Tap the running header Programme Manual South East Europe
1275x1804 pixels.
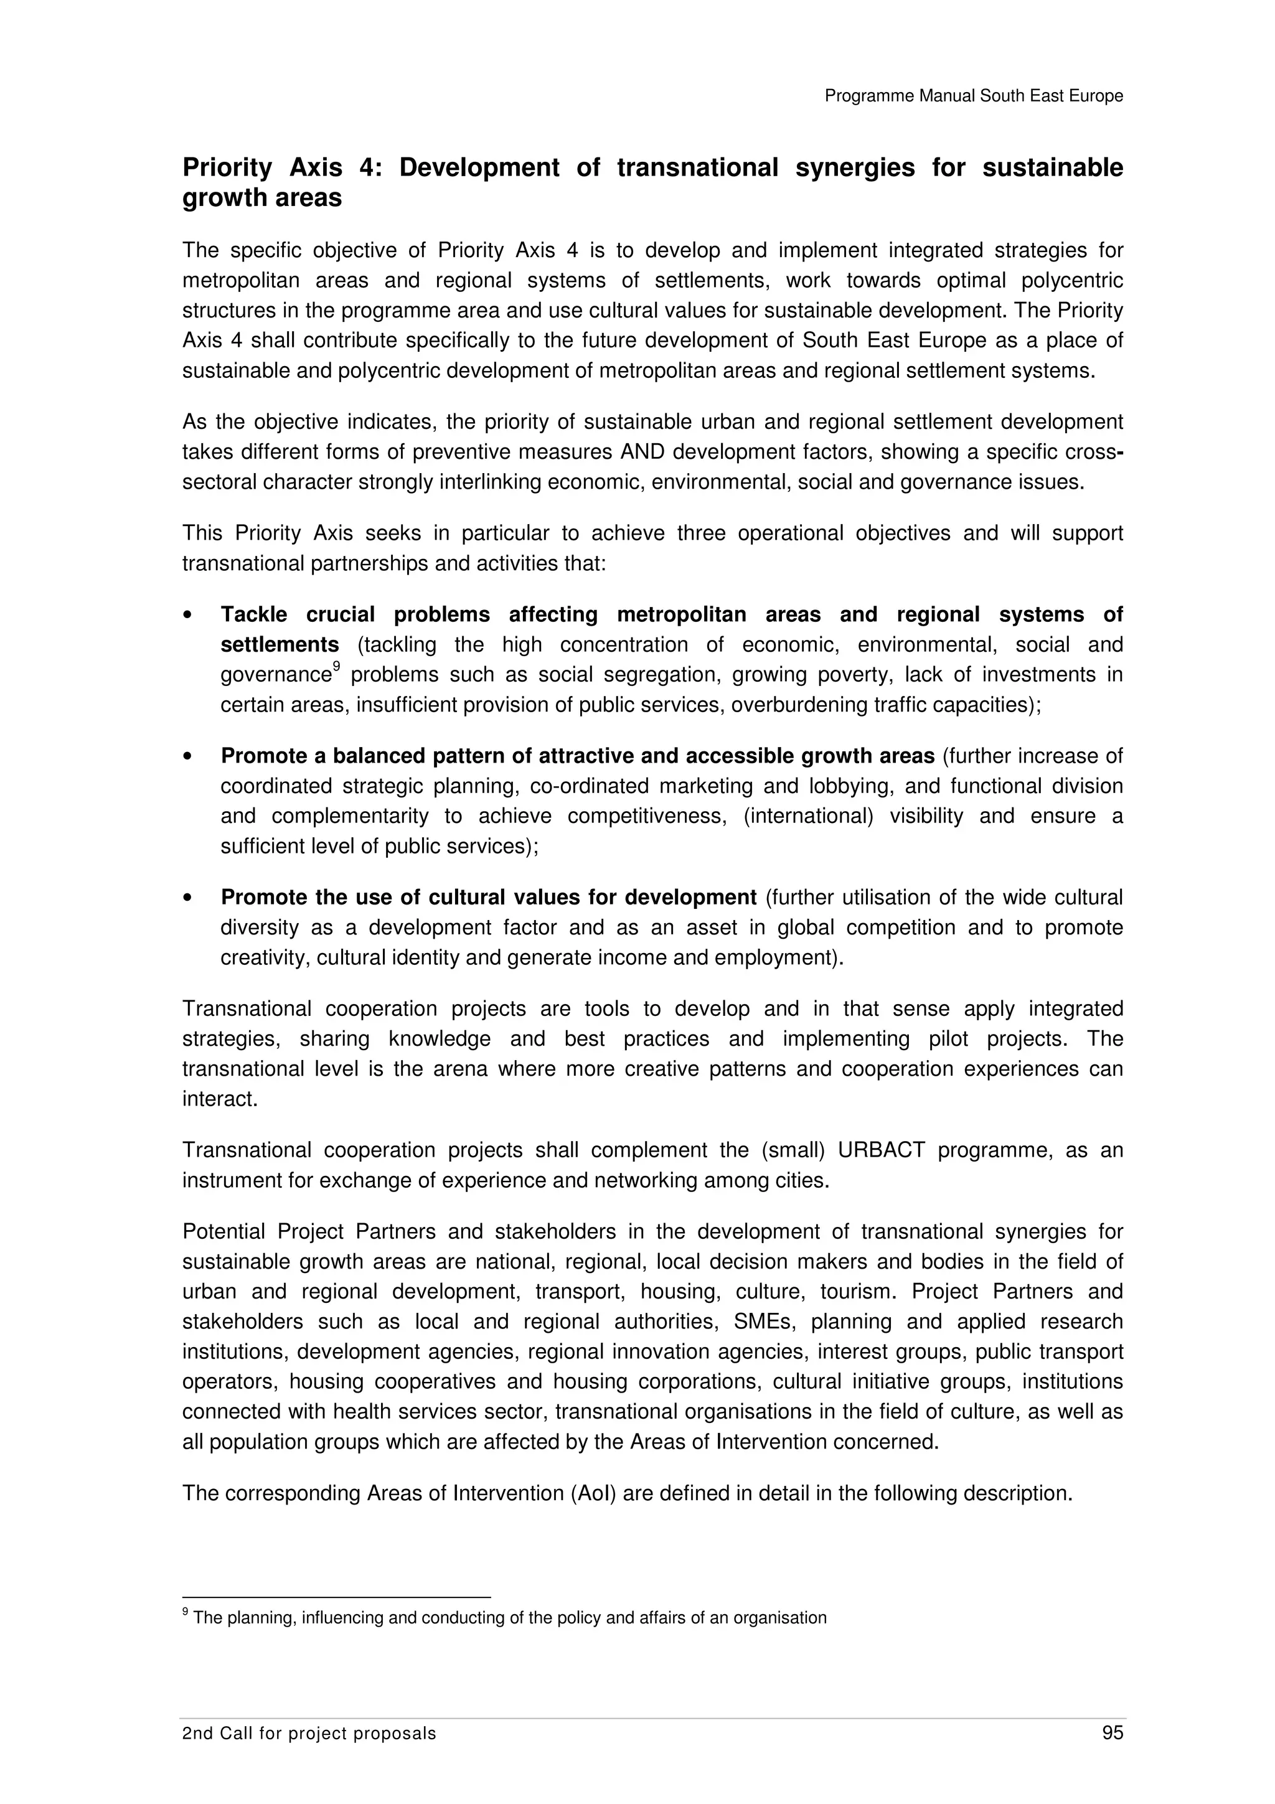point(973,96)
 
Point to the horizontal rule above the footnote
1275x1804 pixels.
point(336,1597)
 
